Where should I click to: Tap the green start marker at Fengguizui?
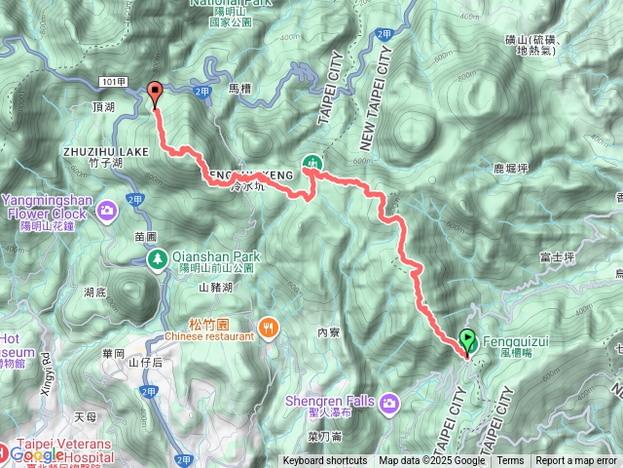467,341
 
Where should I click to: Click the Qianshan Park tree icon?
157,258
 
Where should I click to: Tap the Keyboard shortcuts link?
325,461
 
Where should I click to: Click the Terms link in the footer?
510,461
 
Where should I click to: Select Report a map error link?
577,461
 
